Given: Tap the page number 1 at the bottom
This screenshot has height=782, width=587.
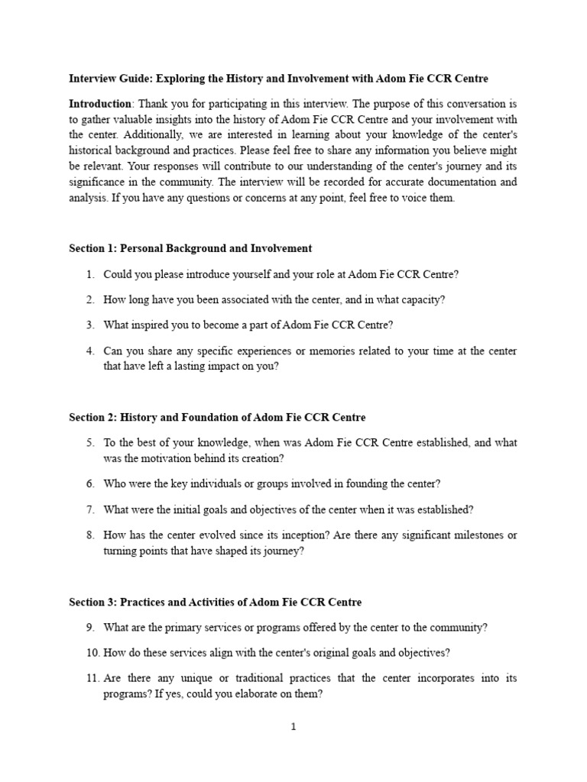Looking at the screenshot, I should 293,727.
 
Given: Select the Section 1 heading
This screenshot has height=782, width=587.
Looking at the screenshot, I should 190,248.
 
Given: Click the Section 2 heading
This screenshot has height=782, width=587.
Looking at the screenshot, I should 217,417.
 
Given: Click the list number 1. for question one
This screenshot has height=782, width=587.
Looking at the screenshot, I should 89,273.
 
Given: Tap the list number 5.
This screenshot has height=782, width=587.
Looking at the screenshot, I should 89,442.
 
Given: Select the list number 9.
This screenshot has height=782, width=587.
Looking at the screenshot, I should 89,627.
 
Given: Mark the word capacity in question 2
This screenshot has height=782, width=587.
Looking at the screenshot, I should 425,299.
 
